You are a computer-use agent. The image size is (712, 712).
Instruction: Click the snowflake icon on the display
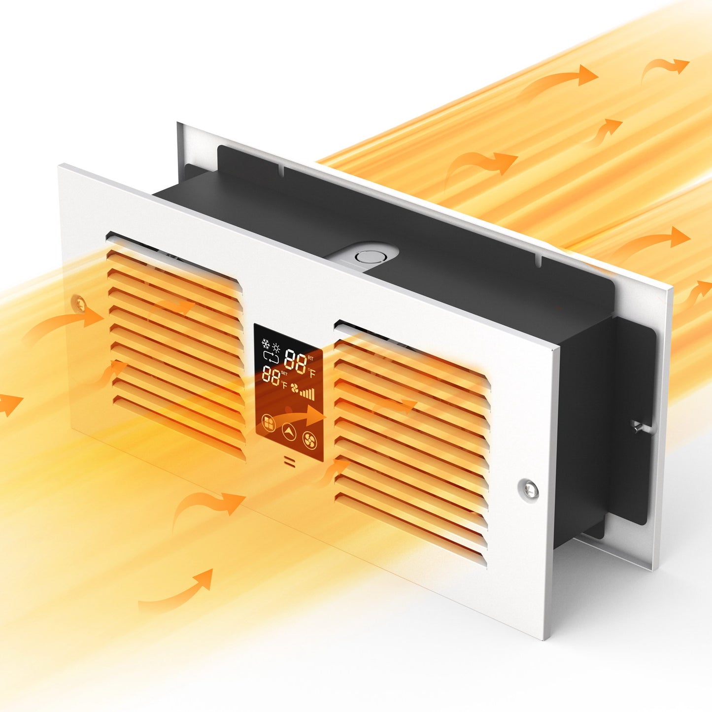click(266, 343)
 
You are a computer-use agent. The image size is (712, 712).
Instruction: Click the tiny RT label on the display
click(310, 358)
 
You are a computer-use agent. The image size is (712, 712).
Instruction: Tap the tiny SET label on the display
click(284, 373)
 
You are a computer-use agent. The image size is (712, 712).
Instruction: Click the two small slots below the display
click(289, 462)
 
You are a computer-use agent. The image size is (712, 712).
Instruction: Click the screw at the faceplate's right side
click(528, 487)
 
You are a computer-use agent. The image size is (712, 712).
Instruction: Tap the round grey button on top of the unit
click(365, 256)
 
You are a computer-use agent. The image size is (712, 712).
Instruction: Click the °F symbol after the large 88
click(311, 373)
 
